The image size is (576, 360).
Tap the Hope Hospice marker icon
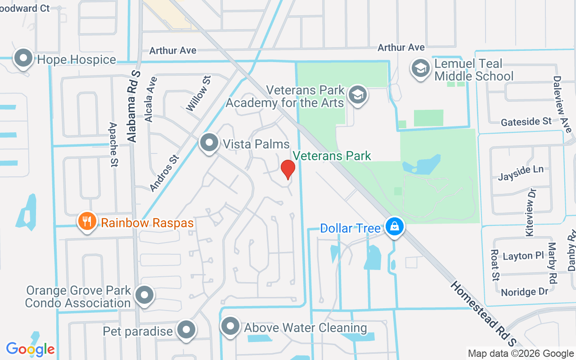click(x=22, y=58)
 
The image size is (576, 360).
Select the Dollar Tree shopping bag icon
click(x=394, y=227)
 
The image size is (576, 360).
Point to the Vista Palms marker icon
click(x=209, y=143)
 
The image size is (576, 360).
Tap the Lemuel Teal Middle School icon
click(x=420, y=69)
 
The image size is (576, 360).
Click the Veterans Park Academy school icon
click(x=358, y=95)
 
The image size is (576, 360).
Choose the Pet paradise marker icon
click(x=186, y=330)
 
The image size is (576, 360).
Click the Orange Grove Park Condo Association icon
click(x=144, y=295)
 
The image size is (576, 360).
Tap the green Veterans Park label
click(x=332, y=156)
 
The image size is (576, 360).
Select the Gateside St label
click(x=526, y=121)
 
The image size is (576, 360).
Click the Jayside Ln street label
click(x=520, y=173)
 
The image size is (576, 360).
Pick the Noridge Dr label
click(x=524, y=292)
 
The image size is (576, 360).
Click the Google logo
click(x=30, y=349)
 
